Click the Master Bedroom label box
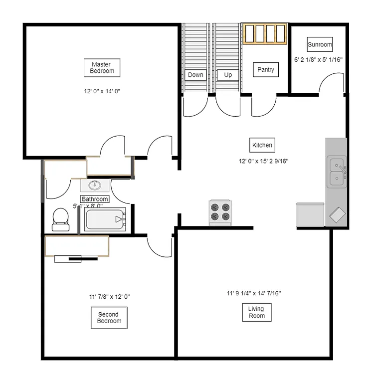coord(102,68)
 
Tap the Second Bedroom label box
coord(109,318)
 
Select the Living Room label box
coord(257,312)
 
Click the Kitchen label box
coord(262,145)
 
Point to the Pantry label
coord(265,70)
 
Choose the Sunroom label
coord(319,44)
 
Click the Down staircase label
coord(195,75)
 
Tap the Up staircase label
coord(228,75)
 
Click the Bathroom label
coord(95,199)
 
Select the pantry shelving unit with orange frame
coord(265,34)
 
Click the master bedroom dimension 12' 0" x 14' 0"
coord(103,91)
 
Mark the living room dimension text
coord(253,293)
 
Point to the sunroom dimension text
coord(318,59)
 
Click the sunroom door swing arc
coord(330,82)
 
